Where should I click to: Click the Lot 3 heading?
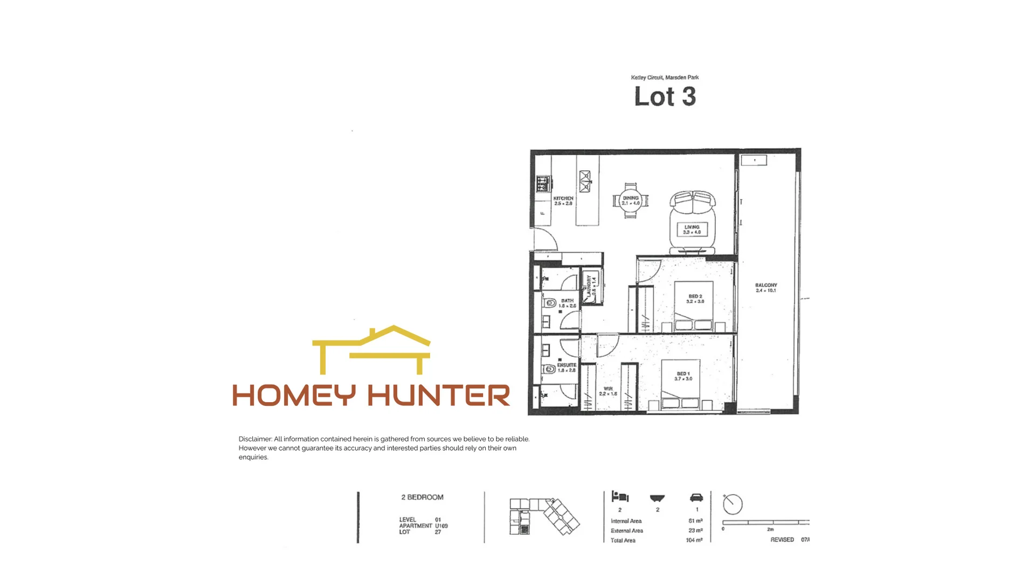tap(665, 97)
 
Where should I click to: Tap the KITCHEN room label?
tap(563, 201)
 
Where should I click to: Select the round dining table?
tap(630, 201)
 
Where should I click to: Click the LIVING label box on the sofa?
tap(692, 230)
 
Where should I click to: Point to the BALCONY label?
tap(765, 288)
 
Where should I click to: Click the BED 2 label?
tap(695, 299)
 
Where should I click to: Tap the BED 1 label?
tap(683, 376)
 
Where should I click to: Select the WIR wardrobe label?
tap(608, 391)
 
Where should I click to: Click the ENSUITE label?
tap(567, 367)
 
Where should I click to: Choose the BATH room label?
tap(567, 303)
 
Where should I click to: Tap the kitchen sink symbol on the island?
tap(585, 181)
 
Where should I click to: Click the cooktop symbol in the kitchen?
tap(543, 184)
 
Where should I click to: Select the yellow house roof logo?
tap(372, 349)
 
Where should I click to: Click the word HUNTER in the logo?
tap(439, 396)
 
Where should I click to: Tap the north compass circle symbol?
tap(733, 504)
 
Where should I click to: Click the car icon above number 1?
tap(696, 498)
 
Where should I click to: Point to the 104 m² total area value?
tap(694, 540)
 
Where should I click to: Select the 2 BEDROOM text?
tap(422, 497)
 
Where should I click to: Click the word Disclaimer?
tap(255, 439)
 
